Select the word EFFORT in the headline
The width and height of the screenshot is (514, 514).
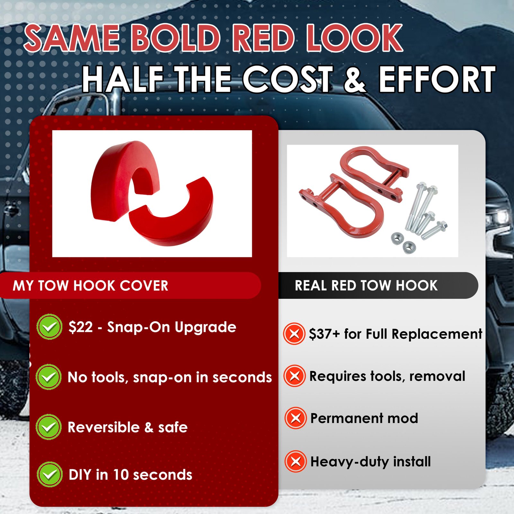[437, 79]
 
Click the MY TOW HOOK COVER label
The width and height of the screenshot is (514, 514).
[91, 286]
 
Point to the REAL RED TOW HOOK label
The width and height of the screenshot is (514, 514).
[366, 285]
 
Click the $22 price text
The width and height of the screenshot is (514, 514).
[81, 327]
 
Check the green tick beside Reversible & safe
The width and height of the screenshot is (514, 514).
[49, 427]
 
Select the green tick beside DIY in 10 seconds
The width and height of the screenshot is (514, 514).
[49, 474]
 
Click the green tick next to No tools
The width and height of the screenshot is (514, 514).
[49, 377]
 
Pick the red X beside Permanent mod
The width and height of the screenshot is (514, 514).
[296, 418]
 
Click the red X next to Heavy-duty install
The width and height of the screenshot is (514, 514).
[296, 461]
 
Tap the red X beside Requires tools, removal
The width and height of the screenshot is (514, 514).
[295, 376]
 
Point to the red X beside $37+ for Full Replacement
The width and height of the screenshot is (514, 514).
[294, 334]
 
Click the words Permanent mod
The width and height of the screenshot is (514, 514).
[364, 418]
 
